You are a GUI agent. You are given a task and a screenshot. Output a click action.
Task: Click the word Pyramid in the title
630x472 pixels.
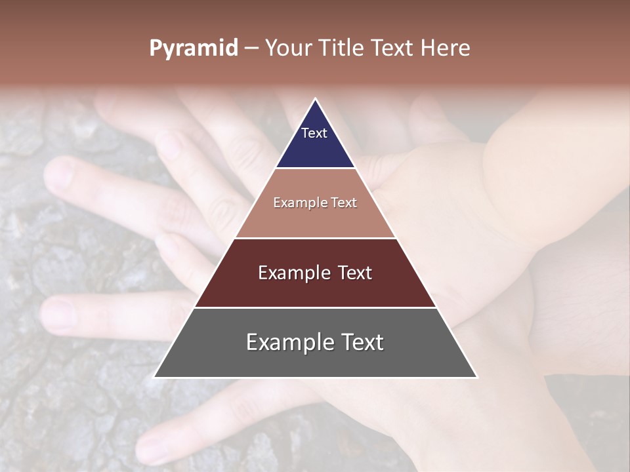[194, 49]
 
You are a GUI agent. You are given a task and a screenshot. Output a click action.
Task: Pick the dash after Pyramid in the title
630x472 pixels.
[251, 49]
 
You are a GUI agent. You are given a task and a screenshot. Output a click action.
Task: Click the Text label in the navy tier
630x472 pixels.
[314, 133]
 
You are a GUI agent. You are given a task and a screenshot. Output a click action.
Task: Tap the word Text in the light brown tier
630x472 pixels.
[345, 203]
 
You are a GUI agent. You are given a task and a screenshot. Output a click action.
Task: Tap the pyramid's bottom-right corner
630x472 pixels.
[476, 377]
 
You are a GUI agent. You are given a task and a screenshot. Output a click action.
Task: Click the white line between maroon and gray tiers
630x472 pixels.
[315, 307]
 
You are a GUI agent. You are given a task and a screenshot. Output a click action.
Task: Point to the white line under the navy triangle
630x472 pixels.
[315, 168]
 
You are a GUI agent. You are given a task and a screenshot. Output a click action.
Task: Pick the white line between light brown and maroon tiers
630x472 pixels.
[315, 238]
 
